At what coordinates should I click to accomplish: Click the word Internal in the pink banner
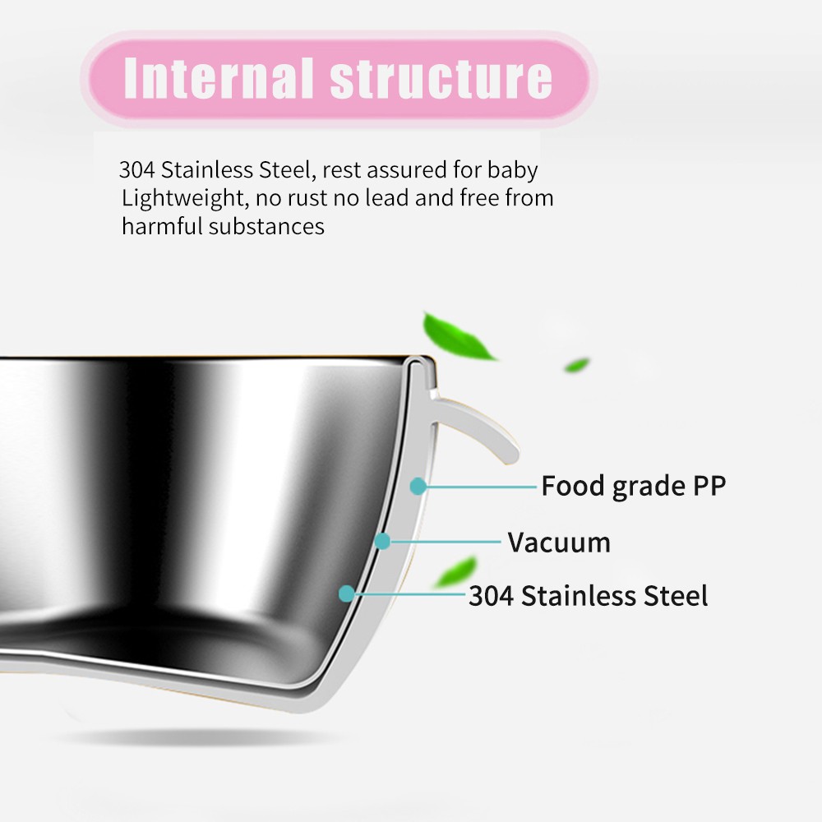pos(219,78)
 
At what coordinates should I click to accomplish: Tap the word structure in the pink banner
pos(441,78)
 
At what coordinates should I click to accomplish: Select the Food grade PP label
pos(633,487)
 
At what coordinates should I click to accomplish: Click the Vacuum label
pos(559,543)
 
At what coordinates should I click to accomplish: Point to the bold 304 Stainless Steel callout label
pos(588,596)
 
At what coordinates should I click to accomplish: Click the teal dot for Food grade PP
pos(418,487)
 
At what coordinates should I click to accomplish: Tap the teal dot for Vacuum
pos(382,541)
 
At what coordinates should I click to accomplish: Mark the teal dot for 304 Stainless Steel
pos(347,593)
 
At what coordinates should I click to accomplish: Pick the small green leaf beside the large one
pos(577,364)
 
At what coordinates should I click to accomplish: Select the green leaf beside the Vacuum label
pos(456,571)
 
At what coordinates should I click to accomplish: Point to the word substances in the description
pos(266,227)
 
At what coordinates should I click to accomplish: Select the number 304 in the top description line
pos(136,170)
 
